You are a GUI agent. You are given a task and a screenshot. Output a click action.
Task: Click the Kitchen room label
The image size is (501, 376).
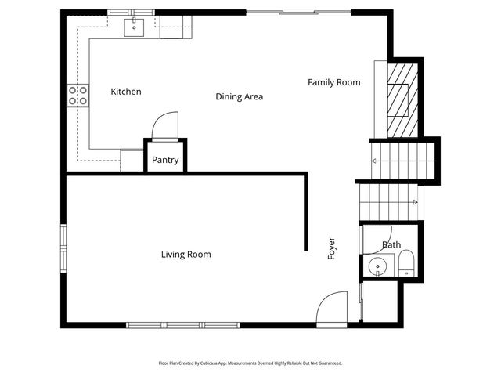(126, 92)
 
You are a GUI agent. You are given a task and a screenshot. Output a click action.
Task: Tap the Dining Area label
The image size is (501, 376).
(239, 97)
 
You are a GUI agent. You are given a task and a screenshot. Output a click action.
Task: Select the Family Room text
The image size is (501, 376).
(333, 82)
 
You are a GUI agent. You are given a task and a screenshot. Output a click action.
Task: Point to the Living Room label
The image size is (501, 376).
(186, 255)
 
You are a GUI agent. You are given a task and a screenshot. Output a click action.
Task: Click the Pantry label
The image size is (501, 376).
(165, 161)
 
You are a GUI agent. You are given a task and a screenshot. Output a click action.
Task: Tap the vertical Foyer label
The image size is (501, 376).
(331, 248)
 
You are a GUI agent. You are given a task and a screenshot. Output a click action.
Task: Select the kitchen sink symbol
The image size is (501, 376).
(135, 27)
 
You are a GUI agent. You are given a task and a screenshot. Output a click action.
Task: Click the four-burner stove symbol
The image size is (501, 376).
(77, 96)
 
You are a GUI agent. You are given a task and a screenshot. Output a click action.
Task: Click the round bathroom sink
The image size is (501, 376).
(378, 266)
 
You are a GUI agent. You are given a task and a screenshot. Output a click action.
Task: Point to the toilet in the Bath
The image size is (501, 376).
(406, 265)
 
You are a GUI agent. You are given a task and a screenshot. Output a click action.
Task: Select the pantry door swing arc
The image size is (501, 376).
(165, 125)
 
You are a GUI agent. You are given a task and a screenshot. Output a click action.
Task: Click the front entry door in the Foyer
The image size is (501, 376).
(332, 308)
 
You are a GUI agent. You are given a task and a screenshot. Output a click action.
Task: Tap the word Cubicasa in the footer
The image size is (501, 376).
(222, 363)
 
